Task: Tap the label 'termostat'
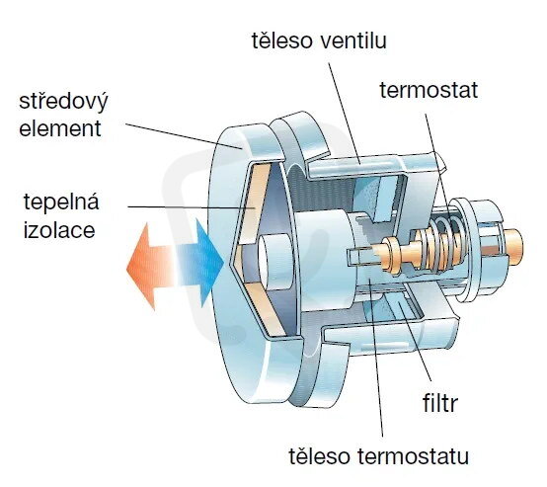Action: pos(429,90)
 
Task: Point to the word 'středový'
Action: pos(63,102)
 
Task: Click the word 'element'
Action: pos(60,128)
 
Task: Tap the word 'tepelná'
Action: pos(61,203)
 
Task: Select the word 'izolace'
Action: pos(59,230)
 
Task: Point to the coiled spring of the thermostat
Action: pos(440,244)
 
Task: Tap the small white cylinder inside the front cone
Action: pos(275,261)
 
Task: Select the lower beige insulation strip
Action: pos(267,307)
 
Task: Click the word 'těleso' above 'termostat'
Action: pos(281,41)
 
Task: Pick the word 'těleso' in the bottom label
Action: pos(319,456)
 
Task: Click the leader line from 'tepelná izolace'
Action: pos(192,207)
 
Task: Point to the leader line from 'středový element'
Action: pos(184,136)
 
